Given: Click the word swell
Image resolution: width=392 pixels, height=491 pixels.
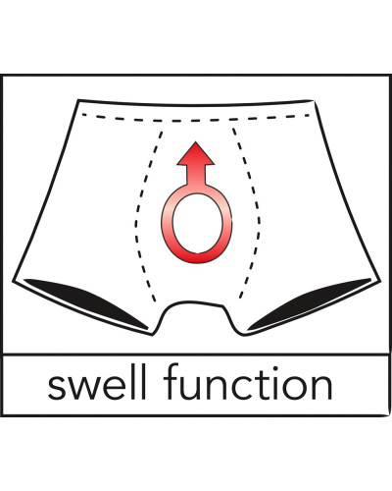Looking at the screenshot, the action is (x=96, y=381).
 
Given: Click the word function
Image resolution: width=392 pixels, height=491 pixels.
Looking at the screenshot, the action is (x=248, y=381).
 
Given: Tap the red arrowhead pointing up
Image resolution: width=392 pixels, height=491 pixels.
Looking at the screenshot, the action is (x=195, y=153).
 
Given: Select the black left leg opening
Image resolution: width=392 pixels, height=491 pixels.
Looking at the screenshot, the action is (x=86, y=301).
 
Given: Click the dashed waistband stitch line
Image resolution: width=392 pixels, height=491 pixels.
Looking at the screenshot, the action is (x=196, y=119).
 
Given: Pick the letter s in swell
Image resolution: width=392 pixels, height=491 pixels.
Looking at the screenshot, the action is (x=58, y=387).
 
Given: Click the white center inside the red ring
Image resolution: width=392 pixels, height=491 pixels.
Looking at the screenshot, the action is (x=197, y=223).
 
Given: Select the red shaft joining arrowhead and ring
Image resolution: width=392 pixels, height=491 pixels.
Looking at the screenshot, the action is (x=196, y=175).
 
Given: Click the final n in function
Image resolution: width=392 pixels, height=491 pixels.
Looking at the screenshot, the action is (x=321, y=387).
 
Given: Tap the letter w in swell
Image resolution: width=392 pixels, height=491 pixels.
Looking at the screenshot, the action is (x=87, y=387).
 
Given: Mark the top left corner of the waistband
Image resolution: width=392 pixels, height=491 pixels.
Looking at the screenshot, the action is (x=78, y=100).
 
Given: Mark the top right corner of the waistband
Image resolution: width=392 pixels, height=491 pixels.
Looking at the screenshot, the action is (x=315, y=100).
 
